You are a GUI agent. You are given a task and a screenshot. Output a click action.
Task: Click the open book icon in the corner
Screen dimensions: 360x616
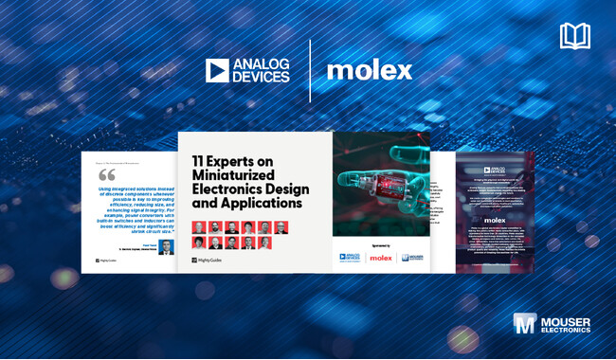pyautogui.click(x=574, y=37)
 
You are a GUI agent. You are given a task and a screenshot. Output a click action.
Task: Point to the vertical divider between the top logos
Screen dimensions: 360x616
pyautogui.click(x=310, y=70)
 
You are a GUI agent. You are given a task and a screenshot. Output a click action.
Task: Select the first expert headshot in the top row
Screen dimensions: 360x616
pyautogui.click(x=199, y=227)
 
